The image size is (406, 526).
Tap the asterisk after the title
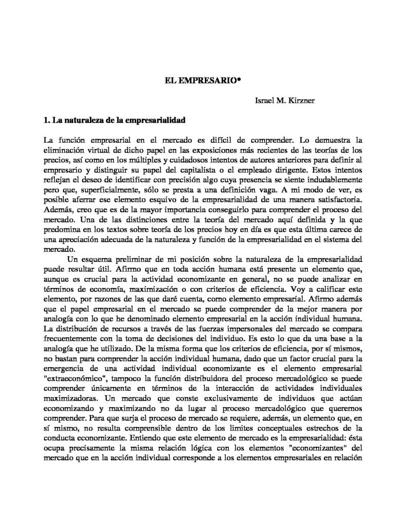tap(240, 81)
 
